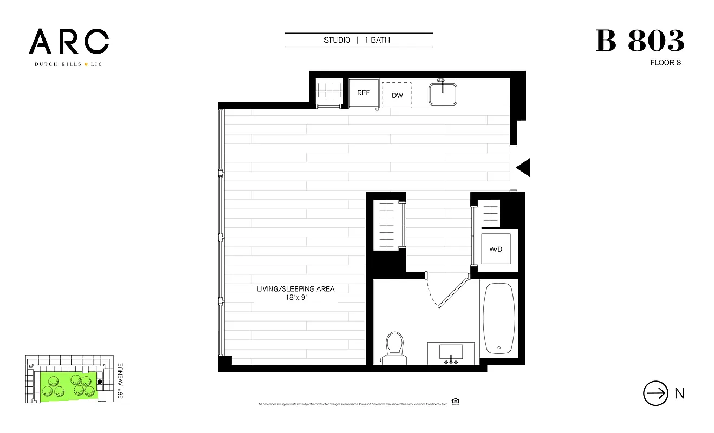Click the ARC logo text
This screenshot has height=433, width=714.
(69, 42)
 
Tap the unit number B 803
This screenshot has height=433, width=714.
(640, 41)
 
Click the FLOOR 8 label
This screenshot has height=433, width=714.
(665, 63)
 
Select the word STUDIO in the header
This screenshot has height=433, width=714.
(337, 40)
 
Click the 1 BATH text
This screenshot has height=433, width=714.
(377, 40)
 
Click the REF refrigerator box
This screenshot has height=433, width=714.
(363, 93)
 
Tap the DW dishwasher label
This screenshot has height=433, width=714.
(397, 95)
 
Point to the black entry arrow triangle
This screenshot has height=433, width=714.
(524, 168)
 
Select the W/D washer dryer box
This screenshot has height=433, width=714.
(496, 250)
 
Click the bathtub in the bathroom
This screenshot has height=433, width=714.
(499, 318)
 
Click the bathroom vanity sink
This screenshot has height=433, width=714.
(451, 352)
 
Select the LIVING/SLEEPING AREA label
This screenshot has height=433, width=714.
(295, 289)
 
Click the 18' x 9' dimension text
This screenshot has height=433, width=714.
(295, 298)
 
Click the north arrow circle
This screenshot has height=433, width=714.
(655, 393)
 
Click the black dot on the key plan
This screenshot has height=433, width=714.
(99, 382)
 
